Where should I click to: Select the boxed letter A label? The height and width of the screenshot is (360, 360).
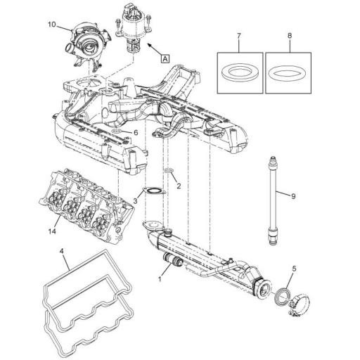(x=165, y=60)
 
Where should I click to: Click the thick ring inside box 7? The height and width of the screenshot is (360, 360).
(x=238, y=73)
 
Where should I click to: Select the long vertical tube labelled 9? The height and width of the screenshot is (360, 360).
(x=271, y=200)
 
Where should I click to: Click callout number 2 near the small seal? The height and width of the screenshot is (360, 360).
(x=179, y=186)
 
